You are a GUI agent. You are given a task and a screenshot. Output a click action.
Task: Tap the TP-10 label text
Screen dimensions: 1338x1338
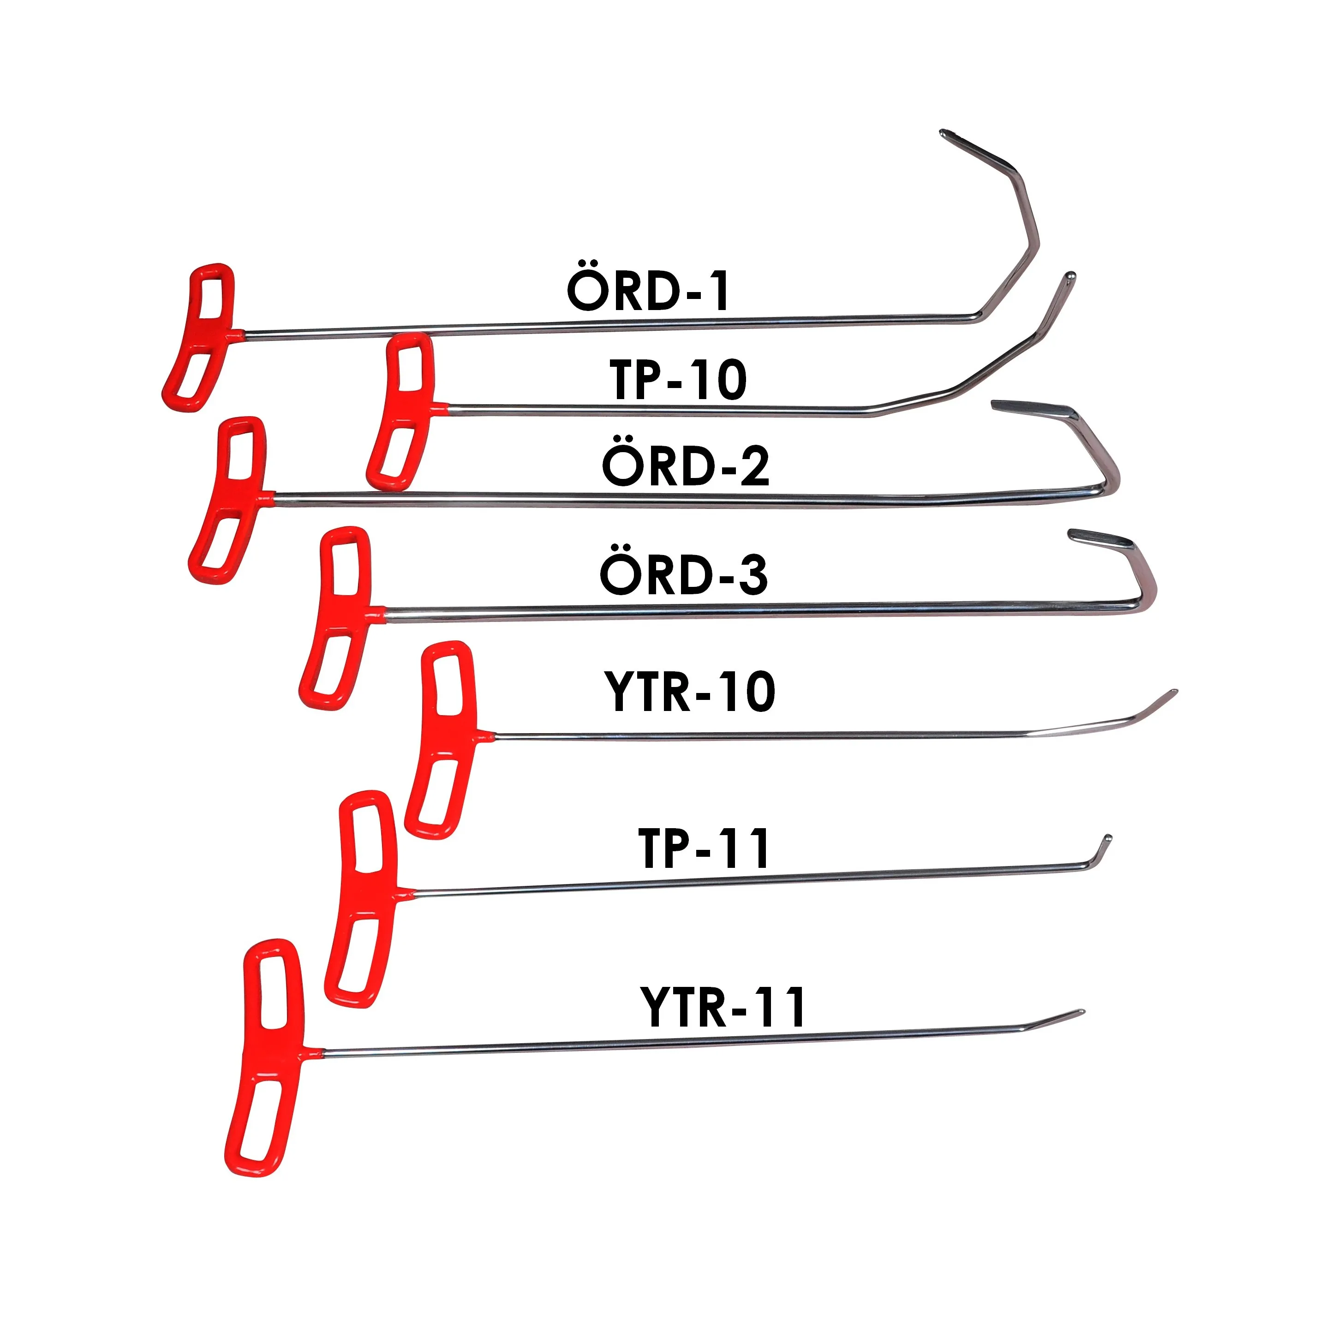coord(679,380)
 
